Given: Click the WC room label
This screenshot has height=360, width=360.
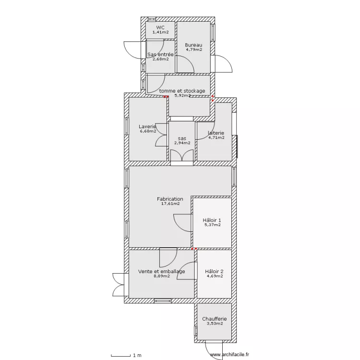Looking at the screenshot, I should pyautogui.click(x=160, y=27).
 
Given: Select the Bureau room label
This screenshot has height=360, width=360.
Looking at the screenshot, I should pyautogui.click(x=193, y=45).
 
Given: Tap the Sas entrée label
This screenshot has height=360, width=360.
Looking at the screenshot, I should pyautogui.click(x=160, y=55).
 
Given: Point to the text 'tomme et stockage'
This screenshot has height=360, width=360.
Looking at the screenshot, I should pyautogui.click(x=182, y=91).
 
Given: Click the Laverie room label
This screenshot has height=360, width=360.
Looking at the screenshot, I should pyautogui.click(x=148, y=127).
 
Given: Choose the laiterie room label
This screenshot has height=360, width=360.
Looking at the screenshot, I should pyautogui.click(x=216, y=132).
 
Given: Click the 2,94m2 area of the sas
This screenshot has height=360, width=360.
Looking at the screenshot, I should pyautogui.click(x=182, y=143).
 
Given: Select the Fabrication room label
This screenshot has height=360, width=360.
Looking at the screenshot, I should pyautogui.click(x=170, y=199).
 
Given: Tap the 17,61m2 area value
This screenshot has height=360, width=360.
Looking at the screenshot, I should pyautogui.click(x=170, y=204).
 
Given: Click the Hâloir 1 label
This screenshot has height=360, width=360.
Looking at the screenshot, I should pyautogui.click(x=212, y=220).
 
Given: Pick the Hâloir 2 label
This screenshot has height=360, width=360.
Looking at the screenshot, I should pyautogui.click(x=214, y=271).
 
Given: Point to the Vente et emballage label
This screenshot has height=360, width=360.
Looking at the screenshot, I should pyautogui.click(x=161, y=271).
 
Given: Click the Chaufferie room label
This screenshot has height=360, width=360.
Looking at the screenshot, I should pyautogui.click(x=214, y=319).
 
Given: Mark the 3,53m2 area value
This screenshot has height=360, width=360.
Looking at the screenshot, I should pyautogui.click(x=214, y=324).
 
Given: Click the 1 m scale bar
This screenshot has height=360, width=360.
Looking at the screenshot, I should pyautogui.click(x=122, y=355).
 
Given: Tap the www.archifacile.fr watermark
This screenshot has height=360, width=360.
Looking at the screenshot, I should pyautogui.click(x=229, y=355).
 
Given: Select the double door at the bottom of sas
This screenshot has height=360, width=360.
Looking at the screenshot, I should pyautogui.click(x=182, y=156).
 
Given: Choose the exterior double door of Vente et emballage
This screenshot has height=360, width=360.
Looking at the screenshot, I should pyautogui.click(x=118, y=285).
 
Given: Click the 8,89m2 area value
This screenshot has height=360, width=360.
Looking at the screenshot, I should pyautogui.click(x=161, y=276).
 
